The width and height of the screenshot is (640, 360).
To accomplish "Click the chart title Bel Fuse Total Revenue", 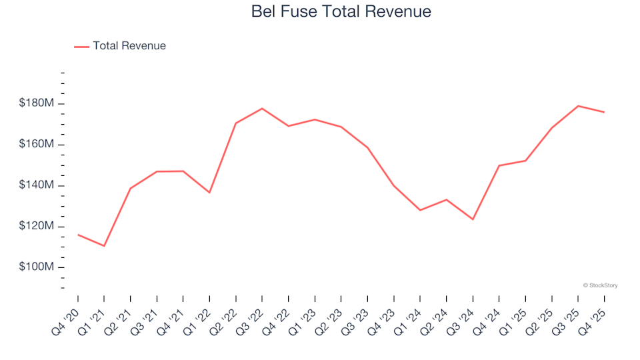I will (x=341, y=12).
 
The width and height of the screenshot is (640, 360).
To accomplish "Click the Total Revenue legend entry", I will (x=120, y=46).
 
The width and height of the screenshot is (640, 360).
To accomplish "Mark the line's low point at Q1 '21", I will (x=104, y=246).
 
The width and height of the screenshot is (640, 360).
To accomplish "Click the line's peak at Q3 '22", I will (x=262, y=108).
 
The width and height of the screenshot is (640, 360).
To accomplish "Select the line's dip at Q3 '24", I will (x=473, y=219).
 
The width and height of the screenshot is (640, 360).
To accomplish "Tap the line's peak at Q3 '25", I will (x=578, y=106).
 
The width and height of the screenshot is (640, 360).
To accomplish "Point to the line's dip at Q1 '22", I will (x=209, y=193).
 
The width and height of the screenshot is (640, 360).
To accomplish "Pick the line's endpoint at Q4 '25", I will (x=604, y=112).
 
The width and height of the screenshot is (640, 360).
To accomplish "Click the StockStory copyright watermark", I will (x=600, y=285).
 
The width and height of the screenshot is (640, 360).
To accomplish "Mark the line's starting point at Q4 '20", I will (x=78, y=235).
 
